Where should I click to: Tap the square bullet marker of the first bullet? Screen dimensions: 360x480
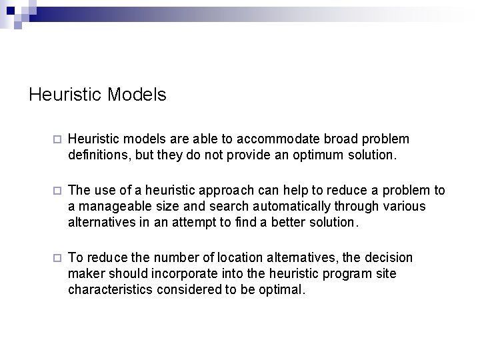tap(57, 139)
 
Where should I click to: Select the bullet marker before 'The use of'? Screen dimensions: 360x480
tap(57, 191)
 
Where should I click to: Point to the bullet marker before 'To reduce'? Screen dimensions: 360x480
tap(57, 257)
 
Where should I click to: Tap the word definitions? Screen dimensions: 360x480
tap(93, 155)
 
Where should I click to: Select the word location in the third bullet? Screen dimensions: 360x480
tap(208, 257)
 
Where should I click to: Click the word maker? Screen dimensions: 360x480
tap(85, 273)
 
